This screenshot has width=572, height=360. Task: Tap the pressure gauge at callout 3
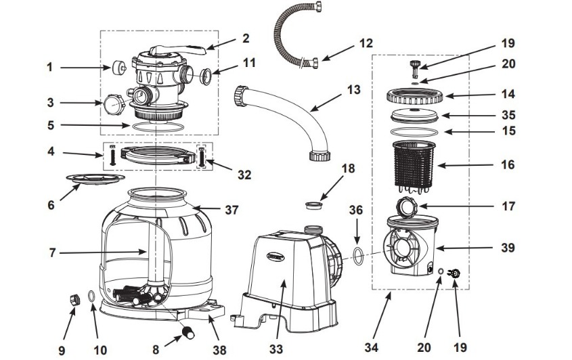click(x=110, y=103)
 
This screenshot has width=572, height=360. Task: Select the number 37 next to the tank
click(x=232, y=210)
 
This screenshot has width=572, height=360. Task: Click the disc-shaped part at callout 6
click(x=95, y=179)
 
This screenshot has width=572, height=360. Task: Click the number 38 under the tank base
click(x=218, y=349)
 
